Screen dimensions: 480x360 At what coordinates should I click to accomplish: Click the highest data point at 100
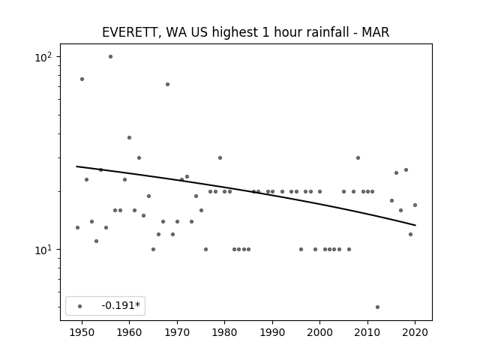[110, 57]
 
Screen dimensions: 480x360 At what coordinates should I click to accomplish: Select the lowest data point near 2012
[377, 307]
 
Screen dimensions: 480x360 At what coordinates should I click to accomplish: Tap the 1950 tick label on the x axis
[82, 332]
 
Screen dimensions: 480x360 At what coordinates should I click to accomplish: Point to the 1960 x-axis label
[129, 332]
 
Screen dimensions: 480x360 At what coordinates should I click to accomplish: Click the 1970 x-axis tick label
[177, 332]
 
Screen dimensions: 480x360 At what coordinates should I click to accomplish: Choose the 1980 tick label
[224, 332]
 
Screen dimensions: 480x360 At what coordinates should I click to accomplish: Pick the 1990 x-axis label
[272, 332]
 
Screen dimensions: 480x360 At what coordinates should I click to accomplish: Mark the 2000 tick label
[320, 332]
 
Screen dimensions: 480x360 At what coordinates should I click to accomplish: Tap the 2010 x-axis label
[367, 332]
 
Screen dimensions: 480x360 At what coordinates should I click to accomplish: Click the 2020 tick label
[415, 332]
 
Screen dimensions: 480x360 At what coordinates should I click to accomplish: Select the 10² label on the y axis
[43, 57]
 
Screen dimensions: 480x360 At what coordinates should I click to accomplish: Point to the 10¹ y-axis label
[43, 250]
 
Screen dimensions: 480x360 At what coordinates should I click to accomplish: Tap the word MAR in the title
[376, 32]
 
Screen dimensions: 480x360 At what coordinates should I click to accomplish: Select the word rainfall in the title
[317, 32]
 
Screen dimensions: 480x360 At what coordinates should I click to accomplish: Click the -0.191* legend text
[121, 305]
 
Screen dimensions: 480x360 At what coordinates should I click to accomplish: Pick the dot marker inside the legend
[80, 307]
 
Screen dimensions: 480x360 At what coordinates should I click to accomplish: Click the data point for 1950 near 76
[82, 79]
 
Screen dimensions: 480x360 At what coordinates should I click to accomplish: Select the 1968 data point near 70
[167, 85]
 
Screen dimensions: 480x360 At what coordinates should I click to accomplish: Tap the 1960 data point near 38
[129, 138]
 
